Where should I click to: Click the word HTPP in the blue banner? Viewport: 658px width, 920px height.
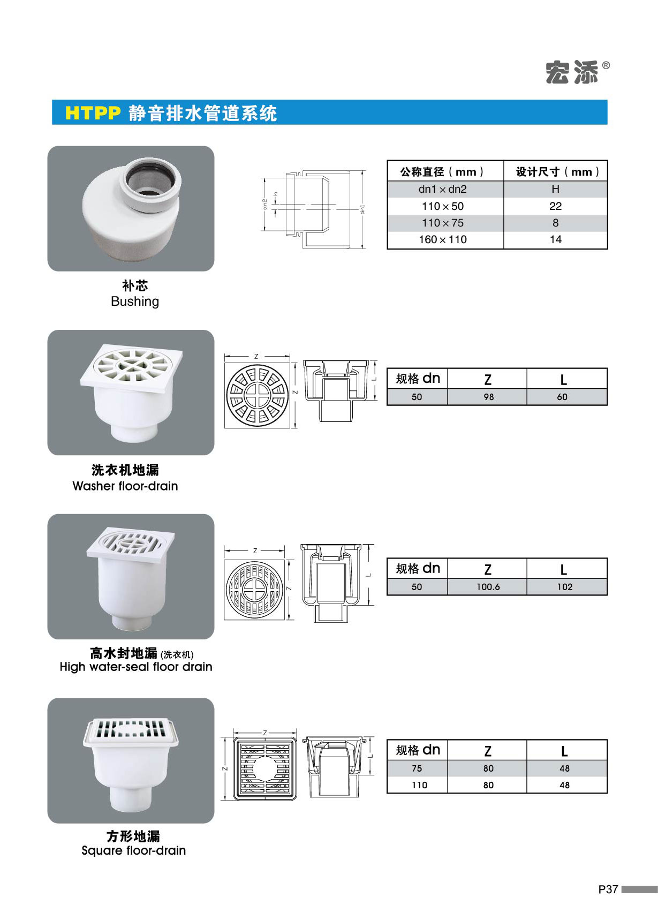(x=93, y=113)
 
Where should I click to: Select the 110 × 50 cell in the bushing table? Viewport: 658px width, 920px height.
(x=443, y=206)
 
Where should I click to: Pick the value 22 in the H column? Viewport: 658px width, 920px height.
(x=555, y=206)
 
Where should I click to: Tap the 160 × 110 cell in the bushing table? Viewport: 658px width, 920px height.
(x=443, y=239)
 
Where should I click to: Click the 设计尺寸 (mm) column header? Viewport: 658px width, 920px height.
(x=555, y=172)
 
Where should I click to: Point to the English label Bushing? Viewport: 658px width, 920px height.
(x=135, y=301)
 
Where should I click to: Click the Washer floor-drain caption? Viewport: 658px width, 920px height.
(x=125, y=486)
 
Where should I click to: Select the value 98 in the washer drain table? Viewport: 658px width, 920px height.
(x=488, y=397)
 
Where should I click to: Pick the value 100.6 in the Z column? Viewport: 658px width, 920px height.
(x=488, y=587)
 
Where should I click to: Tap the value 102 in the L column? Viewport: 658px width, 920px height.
(x=564, y=587)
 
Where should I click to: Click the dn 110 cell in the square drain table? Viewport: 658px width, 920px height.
(x=419, y=785)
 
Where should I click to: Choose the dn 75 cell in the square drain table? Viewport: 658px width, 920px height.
(x=417, y=768)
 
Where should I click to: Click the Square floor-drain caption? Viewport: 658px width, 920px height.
(x=133, y=850)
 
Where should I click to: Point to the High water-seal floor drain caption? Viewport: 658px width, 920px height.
(x=136, y=667)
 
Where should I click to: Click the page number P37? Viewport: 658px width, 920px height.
(x=608, y=889)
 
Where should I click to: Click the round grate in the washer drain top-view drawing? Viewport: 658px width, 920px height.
(x=258, y=394)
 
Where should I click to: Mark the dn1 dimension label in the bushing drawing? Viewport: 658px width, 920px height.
(x=363, y=209)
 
